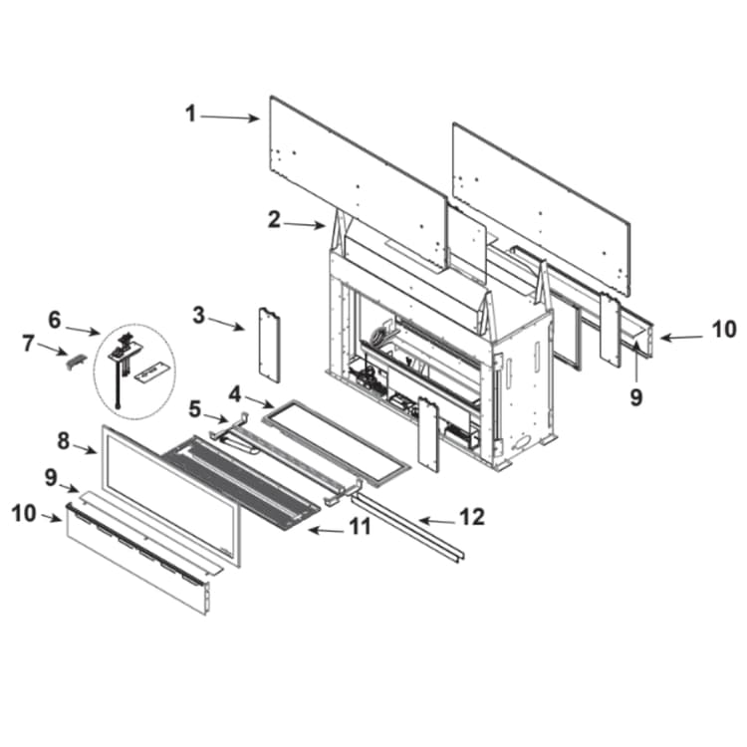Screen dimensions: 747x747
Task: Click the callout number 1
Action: point(190,114)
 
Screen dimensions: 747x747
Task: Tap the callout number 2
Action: point(274,220)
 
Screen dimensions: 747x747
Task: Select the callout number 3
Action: point(198,315)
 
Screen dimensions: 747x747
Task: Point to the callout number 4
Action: point(234,394)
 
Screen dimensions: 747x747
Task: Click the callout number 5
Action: point(195,408)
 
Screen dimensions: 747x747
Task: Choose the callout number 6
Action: point(55,320)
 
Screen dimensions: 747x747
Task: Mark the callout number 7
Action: point(29,344)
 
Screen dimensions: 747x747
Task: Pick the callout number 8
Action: point(64,441)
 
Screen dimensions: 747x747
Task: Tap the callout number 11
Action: point(361,527)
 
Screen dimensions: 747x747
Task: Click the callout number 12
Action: point(472,516)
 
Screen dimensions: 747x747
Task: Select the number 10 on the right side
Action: point(724,330)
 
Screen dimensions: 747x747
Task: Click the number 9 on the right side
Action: point(636,396)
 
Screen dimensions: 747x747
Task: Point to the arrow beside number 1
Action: point(229,118)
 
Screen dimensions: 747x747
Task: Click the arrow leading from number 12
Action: point(437,521)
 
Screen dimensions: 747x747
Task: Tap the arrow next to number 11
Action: point(327,530)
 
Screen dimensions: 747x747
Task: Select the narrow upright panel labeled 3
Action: point(269,345)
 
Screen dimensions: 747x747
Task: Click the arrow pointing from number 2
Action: point(304,224)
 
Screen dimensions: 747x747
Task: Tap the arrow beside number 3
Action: point(225,324)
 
